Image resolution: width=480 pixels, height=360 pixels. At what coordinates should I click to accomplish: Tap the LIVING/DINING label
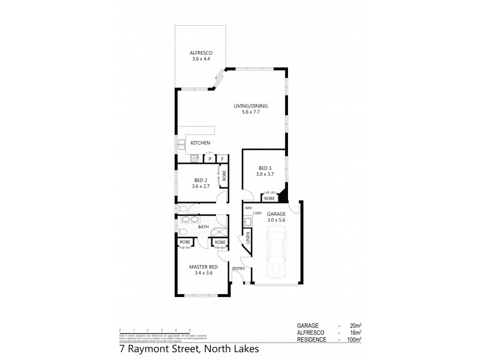(x=251, y=106)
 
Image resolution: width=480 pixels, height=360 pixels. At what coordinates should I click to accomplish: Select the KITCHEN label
(x=200, y=143)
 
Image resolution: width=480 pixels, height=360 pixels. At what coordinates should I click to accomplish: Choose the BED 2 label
(x=200, y=180)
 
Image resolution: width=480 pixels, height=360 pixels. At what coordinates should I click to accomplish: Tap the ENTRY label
(x=239, y=268)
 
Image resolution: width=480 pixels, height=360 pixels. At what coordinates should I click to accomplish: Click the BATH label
(x=203, y=227)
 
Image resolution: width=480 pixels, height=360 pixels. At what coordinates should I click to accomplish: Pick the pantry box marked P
(x=210, y=159)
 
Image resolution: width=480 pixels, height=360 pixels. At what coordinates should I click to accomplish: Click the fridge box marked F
(x=222, y=159)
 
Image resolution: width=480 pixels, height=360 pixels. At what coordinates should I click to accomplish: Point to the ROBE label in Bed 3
(x=269, y=197)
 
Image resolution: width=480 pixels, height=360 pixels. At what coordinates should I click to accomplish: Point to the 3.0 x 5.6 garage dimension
(x=276, y=220)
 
